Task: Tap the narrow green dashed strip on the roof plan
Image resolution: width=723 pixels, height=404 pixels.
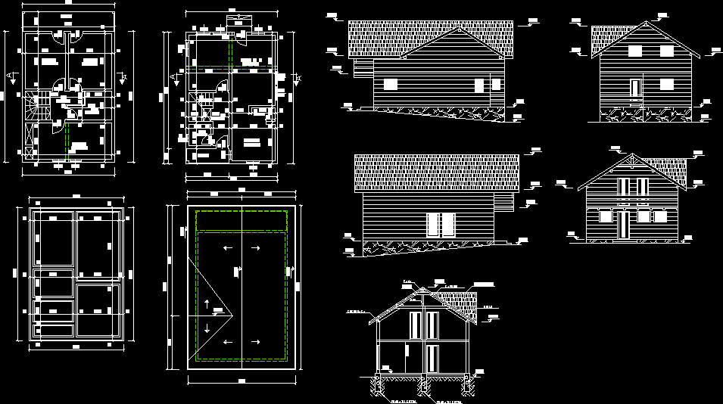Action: [241, 221]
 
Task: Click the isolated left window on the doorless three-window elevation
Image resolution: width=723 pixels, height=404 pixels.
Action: [391, 85]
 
